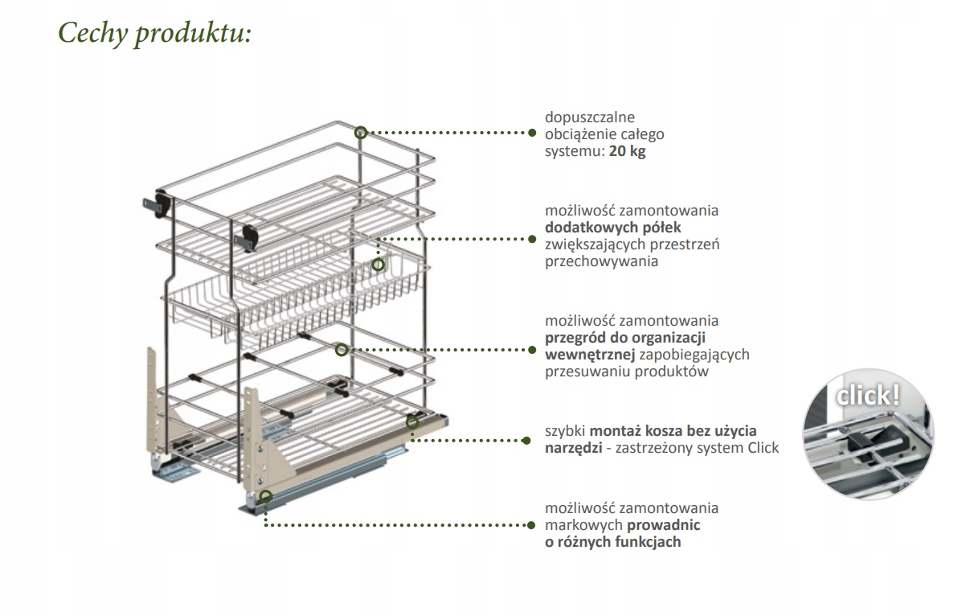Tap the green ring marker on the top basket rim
coord(361,133)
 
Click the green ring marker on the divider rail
coord(341,350)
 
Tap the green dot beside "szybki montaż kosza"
coord(527,440)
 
